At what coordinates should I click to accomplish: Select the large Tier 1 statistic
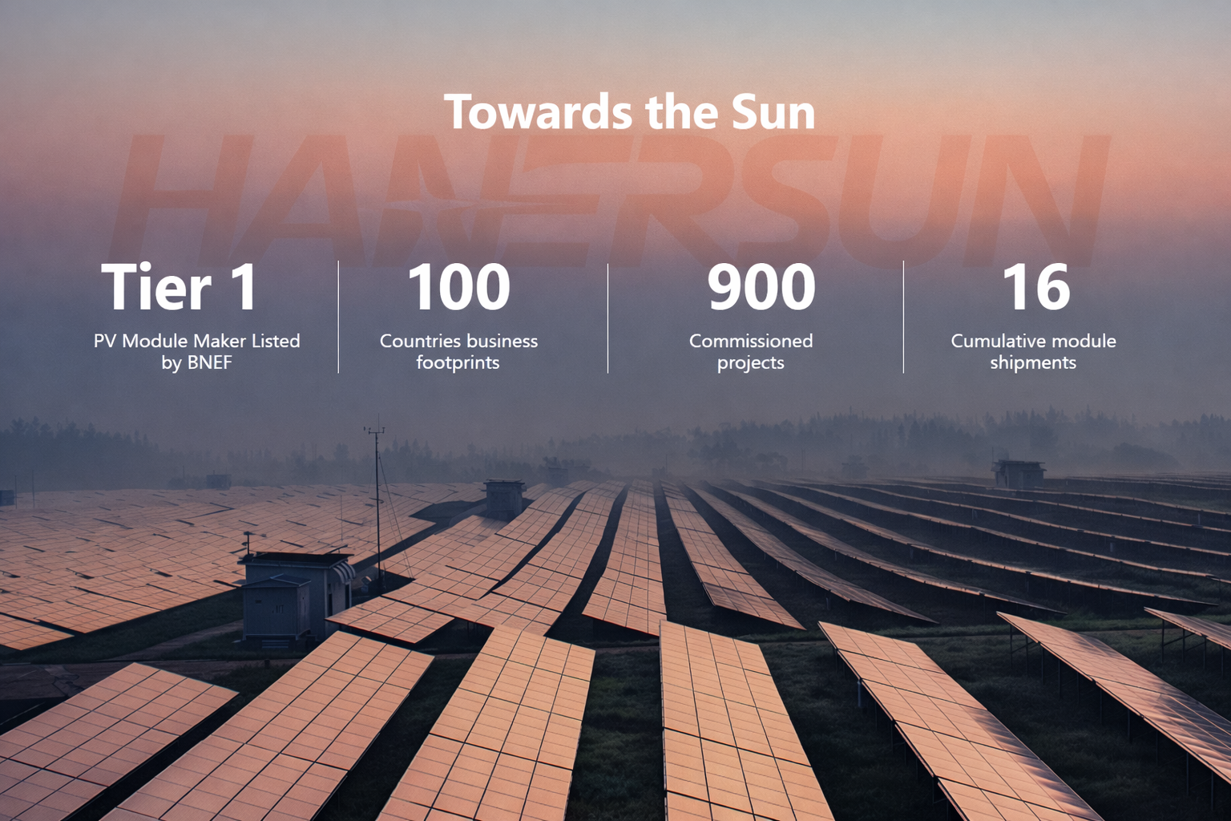pos(180,287)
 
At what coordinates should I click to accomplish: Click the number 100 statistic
pos(458,287)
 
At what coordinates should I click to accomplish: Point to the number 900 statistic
pos(761,287)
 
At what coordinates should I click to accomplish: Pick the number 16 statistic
pos(1035,287)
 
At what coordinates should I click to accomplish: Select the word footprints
pos(458,362)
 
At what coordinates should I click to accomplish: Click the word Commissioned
pos(751,341)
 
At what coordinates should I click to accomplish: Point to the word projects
pos(750,362)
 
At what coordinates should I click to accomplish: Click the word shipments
pos(1033,362)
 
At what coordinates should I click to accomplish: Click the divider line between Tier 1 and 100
pos(338,317)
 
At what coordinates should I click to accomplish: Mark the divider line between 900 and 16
pos(903,317)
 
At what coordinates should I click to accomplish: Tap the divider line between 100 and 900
pos(607,317)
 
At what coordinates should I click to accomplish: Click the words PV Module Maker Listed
pos(196,341)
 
